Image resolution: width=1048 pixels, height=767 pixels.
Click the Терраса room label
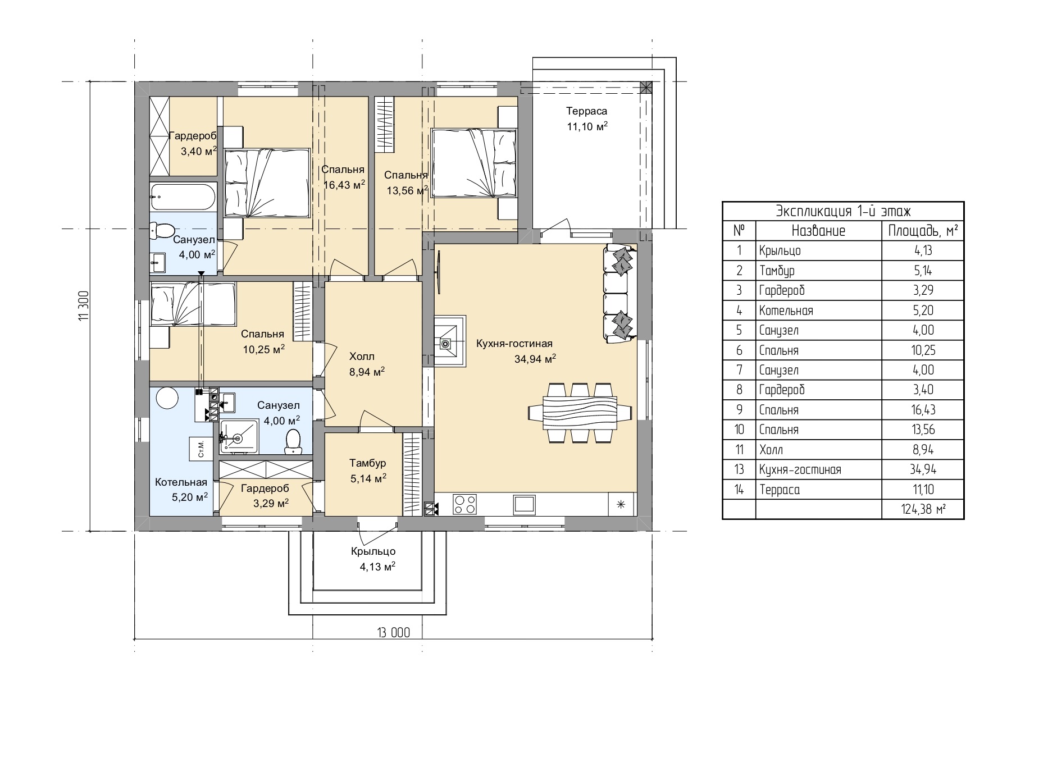[586, 111]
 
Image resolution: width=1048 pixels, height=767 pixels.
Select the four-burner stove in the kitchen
[464, 504]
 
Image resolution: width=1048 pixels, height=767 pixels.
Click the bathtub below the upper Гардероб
[183, 197]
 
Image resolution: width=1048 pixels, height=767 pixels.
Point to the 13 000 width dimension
[393, 633]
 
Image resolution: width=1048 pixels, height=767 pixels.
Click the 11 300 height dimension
[84, 305]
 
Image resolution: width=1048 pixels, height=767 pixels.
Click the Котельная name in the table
[786, 311]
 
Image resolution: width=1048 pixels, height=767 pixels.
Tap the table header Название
[818, 230]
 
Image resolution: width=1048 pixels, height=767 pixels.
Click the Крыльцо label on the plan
[373, 551]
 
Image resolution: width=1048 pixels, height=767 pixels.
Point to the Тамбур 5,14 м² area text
[368, 478]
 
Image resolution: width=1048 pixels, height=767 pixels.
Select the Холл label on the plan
[362, 357]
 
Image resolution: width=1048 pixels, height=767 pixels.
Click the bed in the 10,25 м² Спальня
[193, 304]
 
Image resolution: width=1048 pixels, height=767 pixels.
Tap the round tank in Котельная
[167, 398]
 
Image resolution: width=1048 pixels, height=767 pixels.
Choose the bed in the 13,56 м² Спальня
[473, 163]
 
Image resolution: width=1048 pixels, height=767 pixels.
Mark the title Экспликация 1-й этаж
[843, 211]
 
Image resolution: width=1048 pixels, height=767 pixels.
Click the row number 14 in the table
[739, 490]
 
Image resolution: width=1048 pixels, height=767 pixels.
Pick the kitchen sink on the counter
[524, 504]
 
